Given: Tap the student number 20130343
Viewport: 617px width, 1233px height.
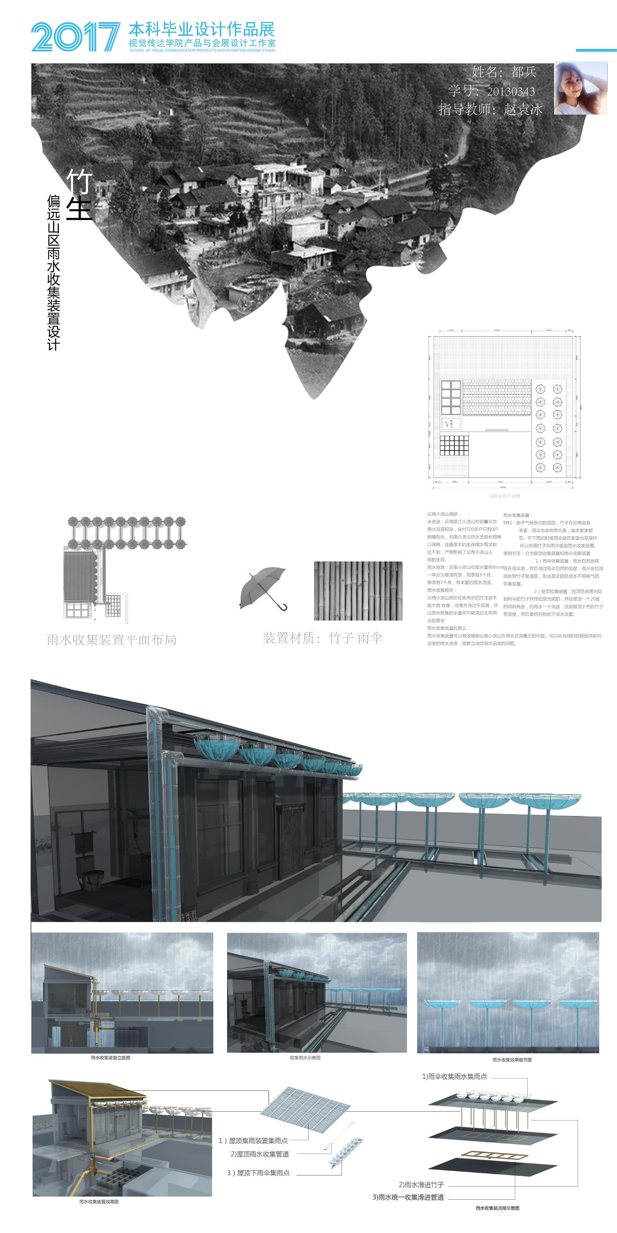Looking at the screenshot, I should pos(492,91).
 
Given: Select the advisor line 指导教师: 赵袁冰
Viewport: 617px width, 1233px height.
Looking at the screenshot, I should pos(491,110).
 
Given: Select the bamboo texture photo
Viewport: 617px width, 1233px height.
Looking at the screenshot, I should pos(358,591).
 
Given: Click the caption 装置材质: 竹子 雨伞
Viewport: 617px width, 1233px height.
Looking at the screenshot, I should pos(323,638).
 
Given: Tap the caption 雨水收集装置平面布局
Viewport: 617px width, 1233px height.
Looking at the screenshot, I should pos(111,640).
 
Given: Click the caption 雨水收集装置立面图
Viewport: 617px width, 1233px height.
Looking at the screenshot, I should pos(111,1058).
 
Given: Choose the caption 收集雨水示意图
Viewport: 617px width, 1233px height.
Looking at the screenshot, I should pos(305,1058).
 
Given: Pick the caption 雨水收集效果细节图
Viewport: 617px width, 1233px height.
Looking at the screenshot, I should pos(512,1060).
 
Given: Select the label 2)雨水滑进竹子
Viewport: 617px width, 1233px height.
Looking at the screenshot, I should pos(421,1185).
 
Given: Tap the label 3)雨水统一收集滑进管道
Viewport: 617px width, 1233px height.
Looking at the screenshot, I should pos(408,1197).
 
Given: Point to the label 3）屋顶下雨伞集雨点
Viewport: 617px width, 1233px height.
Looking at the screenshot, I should pos(258,1173).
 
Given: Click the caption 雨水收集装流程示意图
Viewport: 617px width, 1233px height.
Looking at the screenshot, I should pos(497,1208).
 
